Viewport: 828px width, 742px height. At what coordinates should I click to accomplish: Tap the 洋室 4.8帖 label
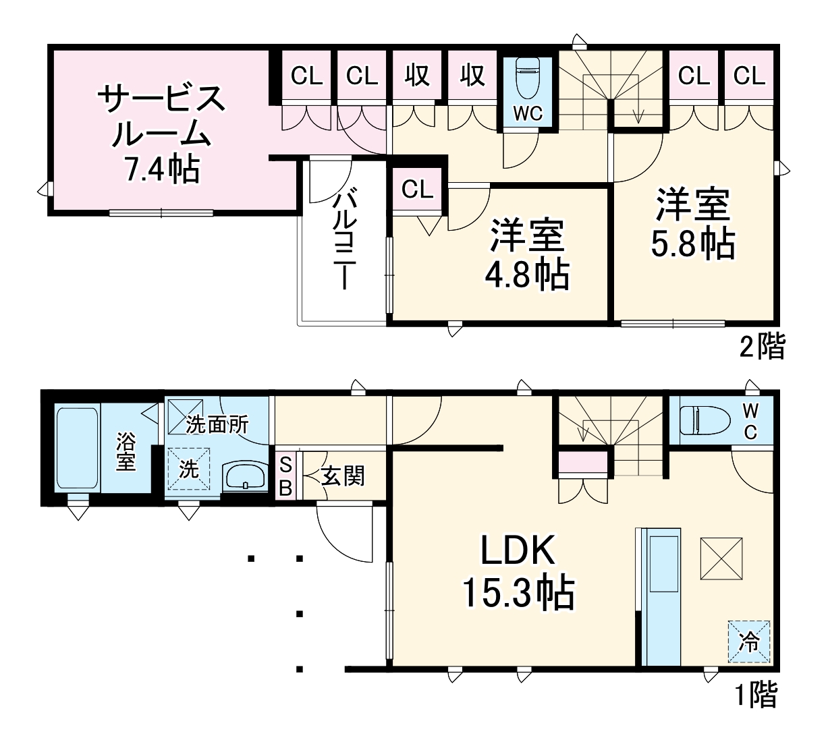coord(527,254)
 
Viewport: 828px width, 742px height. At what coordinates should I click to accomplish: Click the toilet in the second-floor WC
coord(527,78)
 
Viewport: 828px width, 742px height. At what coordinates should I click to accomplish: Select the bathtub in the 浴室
coord(77,448)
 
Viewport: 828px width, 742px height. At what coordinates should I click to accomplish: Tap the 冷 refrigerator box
coord(748,641)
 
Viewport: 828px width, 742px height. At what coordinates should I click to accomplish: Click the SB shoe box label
coord(285,476)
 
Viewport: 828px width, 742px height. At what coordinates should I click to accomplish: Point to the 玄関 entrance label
coord(343,476)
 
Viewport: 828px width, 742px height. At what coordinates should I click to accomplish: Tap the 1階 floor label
coord(756,695)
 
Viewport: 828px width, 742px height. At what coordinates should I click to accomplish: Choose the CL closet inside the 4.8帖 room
coord(417,190)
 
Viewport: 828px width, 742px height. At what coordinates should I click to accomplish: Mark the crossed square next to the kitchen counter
coord(721,559)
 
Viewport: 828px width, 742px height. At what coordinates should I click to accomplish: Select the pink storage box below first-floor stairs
coord(584,464)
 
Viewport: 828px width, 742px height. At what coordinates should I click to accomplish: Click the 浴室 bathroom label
coord(126,451)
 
